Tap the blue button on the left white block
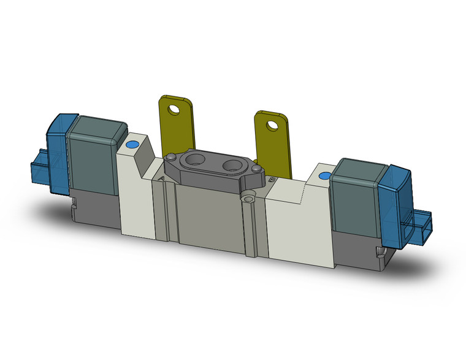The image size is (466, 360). click(x=130, y=145)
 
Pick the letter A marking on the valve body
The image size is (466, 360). click(x=161, y=178)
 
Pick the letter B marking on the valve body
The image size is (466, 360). click(x=270, y=180)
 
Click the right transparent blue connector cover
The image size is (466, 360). click(x=392, y=199)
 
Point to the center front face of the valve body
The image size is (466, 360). click(x=208, y=215)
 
